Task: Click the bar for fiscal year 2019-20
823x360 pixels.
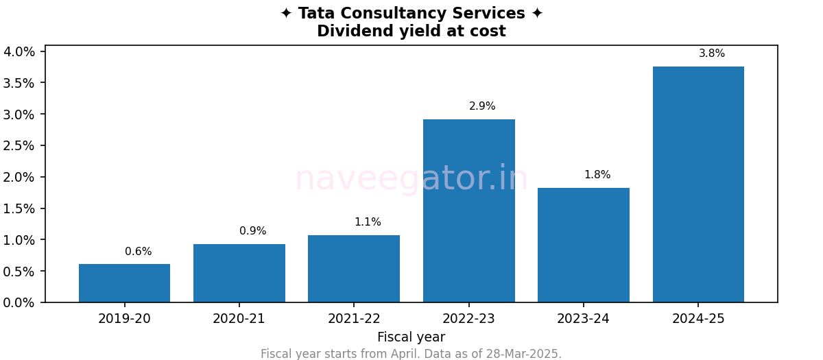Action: pyautogui.click(x=124, y=283)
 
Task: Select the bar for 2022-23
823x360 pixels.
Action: pyautogui.click(x=468, y=211)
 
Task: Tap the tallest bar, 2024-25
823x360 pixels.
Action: pyautogui.click(x=698, y=184)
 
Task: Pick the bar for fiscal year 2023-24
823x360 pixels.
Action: pyautogui.click(x=583, y=245)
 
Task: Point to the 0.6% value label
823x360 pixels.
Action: pyautogui.click(x=138, y=252)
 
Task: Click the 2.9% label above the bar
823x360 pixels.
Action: pyautogui.click(x=482, y=106)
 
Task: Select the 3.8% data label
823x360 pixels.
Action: pyautogui.click(x=711, y=53)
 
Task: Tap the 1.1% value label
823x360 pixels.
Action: pyautogui.click(x=368, y=222)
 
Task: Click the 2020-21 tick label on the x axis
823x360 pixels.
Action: pyautogui.click(x=239, y=319)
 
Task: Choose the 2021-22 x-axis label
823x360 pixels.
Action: pyautogui.click(x=354, y=319)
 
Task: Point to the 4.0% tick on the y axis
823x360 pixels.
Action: pyautogui.click(x=19, y=51)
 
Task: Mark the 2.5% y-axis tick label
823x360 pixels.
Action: pyautogui.click(x=19, y=145)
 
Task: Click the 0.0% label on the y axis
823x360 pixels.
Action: pyautogui.click(x=19, y=302)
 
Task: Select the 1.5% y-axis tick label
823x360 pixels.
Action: pyautogui.click(x=19, y=208)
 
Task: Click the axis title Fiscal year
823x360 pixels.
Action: pyautogui.click(x=411, y=337)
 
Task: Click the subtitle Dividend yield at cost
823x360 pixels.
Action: pyautogui.click(x=411, y=32)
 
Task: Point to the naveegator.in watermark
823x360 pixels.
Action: pyautogui.click(x=411, y=179)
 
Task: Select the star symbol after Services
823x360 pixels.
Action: pyautogui.click(x=537, y=14)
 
